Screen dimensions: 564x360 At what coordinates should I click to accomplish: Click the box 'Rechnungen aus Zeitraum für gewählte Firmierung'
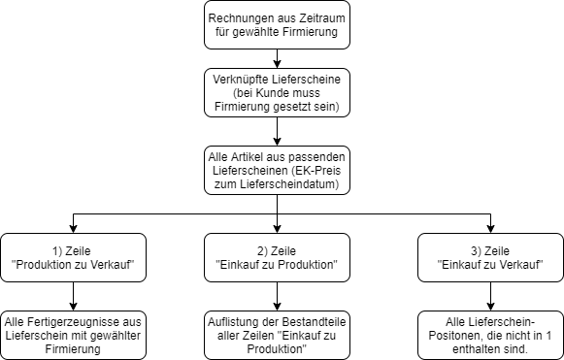[x=277, y=25]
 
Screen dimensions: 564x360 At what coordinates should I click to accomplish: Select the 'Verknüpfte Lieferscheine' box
[x=277, y=93]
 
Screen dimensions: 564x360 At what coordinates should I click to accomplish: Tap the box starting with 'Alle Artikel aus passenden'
[x=277, y=171]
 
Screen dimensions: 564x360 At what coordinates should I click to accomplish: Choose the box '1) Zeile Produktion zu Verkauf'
[x=74, y=257]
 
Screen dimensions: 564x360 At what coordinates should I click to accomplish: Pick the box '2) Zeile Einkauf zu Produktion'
[x=277, y=257]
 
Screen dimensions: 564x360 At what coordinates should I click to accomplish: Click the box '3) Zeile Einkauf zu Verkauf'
[x=490, y=257]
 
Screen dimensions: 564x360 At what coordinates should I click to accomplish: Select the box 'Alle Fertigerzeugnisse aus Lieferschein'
[x=74, y=335]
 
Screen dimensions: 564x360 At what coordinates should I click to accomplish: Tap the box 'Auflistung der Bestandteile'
[x=277, y=335]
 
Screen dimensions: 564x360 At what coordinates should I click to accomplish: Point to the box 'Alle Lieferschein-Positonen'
[x=490, y=335]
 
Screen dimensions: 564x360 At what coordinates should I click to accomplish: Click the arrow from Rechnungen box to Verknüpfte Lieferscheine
[x=277, y=58]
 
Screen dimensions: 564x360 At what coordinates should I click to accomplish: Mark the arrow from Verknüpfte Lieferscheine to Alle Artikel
[x=277, y=132]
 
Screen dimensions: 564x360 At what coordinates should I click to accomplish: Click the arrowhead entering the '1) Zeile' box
[x=74, y=229]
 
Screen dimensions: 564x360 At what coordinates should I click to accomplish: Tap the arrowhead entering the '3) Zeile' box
[x=490, y=229]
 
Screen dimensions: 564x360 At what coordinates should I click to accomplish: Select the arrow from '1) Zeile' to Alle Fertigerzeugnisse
[x=74, y=296]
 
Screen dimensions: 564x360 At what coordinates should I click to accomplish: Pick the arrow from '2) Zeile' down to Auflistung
[x=277, y=296]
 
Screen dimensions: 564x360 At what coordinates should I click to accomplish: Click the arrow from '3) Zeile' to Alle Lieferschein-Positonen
[x=490, y=296]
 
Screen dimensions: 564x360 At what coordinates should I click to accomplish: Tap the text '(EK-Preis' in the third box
[x=315, y=171]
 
